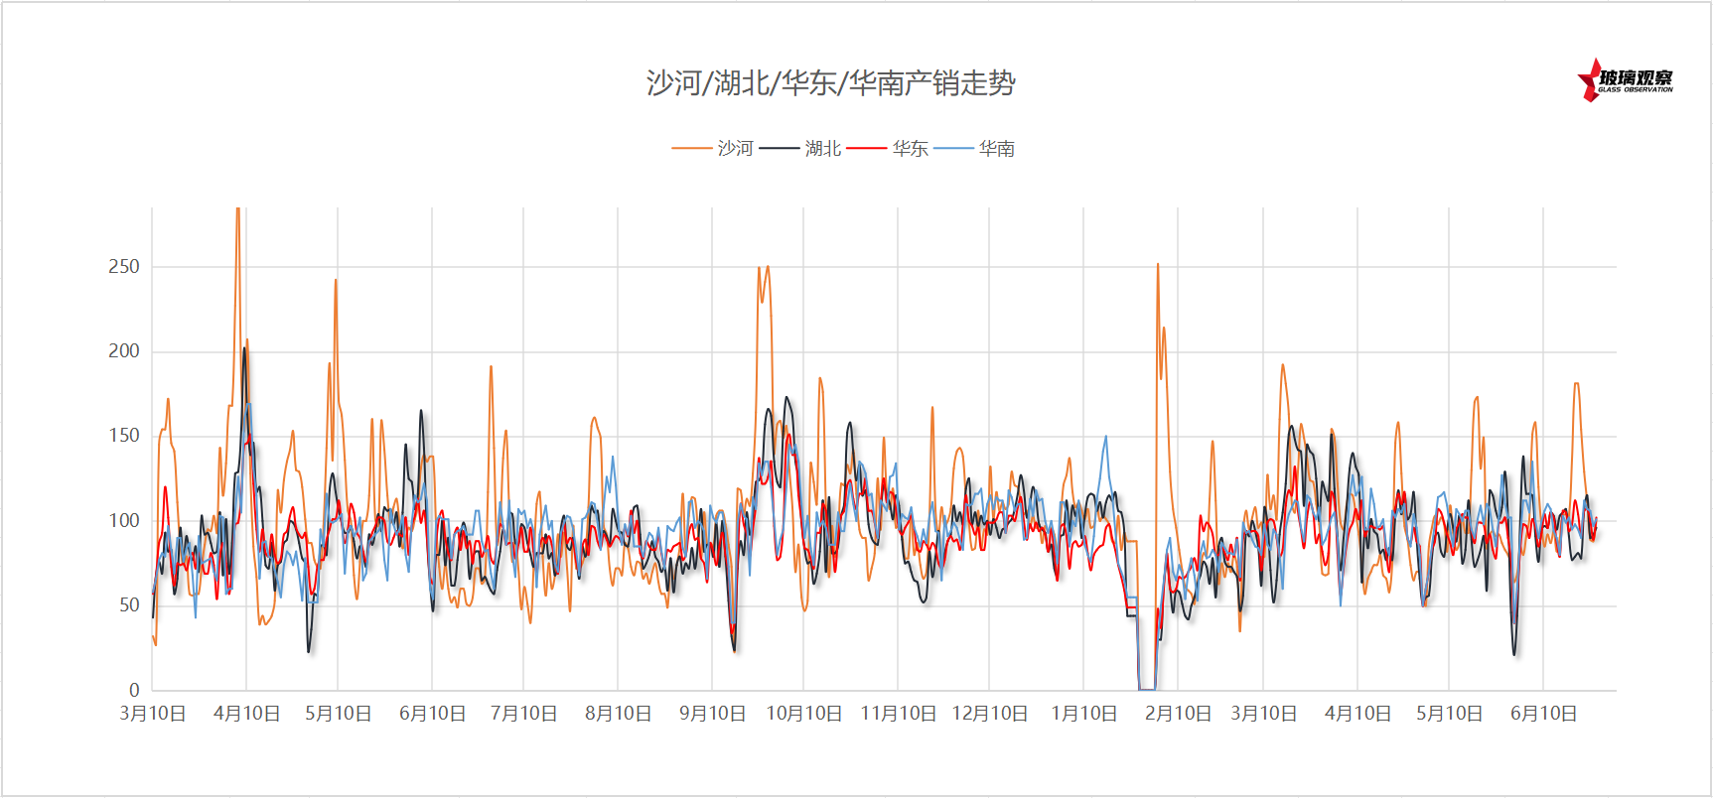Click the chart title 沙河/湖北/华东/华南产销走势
pyautogui.click(x=830, y=83)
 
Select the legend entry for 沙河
pyautogui.click(x=735, y=149)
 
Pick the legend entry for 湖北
pyautogui.click(x=822, y=149)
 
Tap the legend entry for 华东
pyautogui.click(x=910, y=149)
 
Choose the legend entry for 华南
pyautogui.click(x=996, y=149)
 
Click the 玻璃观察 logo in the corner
pyautogui.click(x=1626, y=80)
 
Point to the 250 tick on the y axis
pyautogui.click(x=124, y=266)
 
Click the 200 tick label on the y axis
pyautogui.click(x=124, y=351)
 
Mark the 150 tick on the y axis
pyautogui.click(x=124, y=436)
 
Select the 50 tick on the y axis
pyautogui.click(x=129, y=605)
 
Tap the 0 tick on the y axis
pyautogui.click(x=134, y=690)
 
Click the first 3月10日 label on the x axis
pyautogui.click(x=153, y=714)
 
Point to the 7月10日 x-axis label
pyautogui.click(x=523, y=714)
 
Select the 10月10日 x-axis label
pyautogui.click(x=803, y=714)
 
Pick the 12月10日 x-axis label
pyautogui.click(x=989, y=714)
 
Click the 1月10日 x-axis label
pyautogui.click(x=1083, y=714)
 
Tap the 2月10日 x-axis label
pyautogui.click(x=1178, y=714)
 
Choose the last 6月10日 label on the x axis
pyautogui.click(x=1543, y=714)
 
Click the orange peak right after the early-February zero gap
pyautogui.click(x=1158, y=266)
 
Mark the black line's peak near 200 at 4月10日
pyautogui.click(x=244, y=348)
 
